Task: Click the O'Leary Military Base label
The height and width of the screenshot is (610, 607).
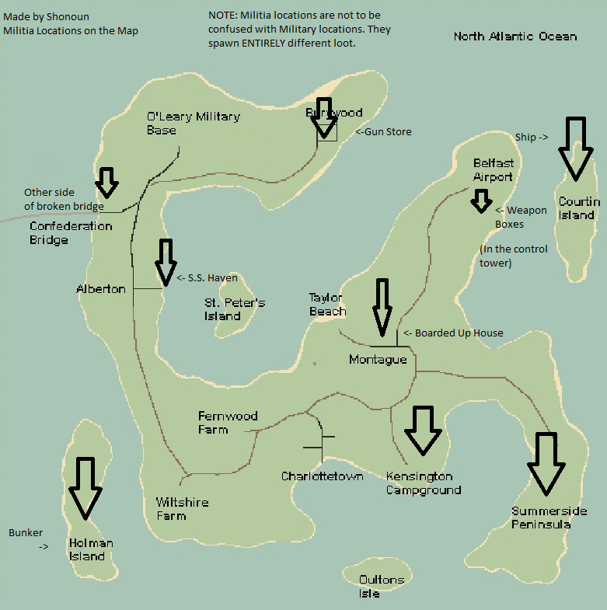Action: coord(193,123)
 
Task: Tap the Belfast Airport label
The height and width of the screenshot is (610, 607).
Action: coord(494,170)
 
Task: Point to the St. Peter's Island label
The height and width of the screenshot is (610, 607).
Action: coord(235,309)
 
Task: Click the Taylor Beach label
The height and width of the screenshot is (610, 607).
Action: coord(327,305)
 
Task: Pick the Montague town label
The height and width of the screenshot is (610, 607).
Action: coord(378,360)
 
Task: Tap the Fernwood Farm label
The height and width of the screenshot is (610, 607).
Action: coord(227,423)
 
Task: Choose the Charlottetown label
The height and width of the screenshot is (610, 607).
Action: coord(322,476)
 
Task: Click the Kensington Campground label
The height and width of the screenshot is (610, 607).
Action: coord(423,483)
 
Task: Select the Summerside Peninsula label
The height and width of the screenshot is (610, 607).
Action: coord(549,518)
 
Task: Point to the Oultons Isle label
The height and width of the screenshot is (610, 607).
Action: coord(381,587)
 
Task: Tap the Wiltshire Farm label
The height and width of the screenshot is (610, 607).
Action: coord(182,509)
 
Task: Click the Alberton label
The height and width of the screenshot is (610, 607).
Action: coord(101,289)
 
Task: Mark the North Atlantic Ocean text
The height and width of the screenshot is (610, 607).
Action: coord(515,37)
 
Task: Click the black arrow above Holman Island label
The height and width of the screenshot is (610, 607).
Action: coord(85,488)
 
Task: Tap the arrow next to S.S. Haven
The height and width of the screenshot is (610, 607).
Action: coord(166,261)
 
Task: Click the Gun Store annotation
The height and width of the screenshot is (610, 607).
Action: coord(384,132)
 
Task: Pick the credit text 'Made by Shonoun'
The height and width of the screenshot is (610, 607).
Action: coord(46,16)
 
